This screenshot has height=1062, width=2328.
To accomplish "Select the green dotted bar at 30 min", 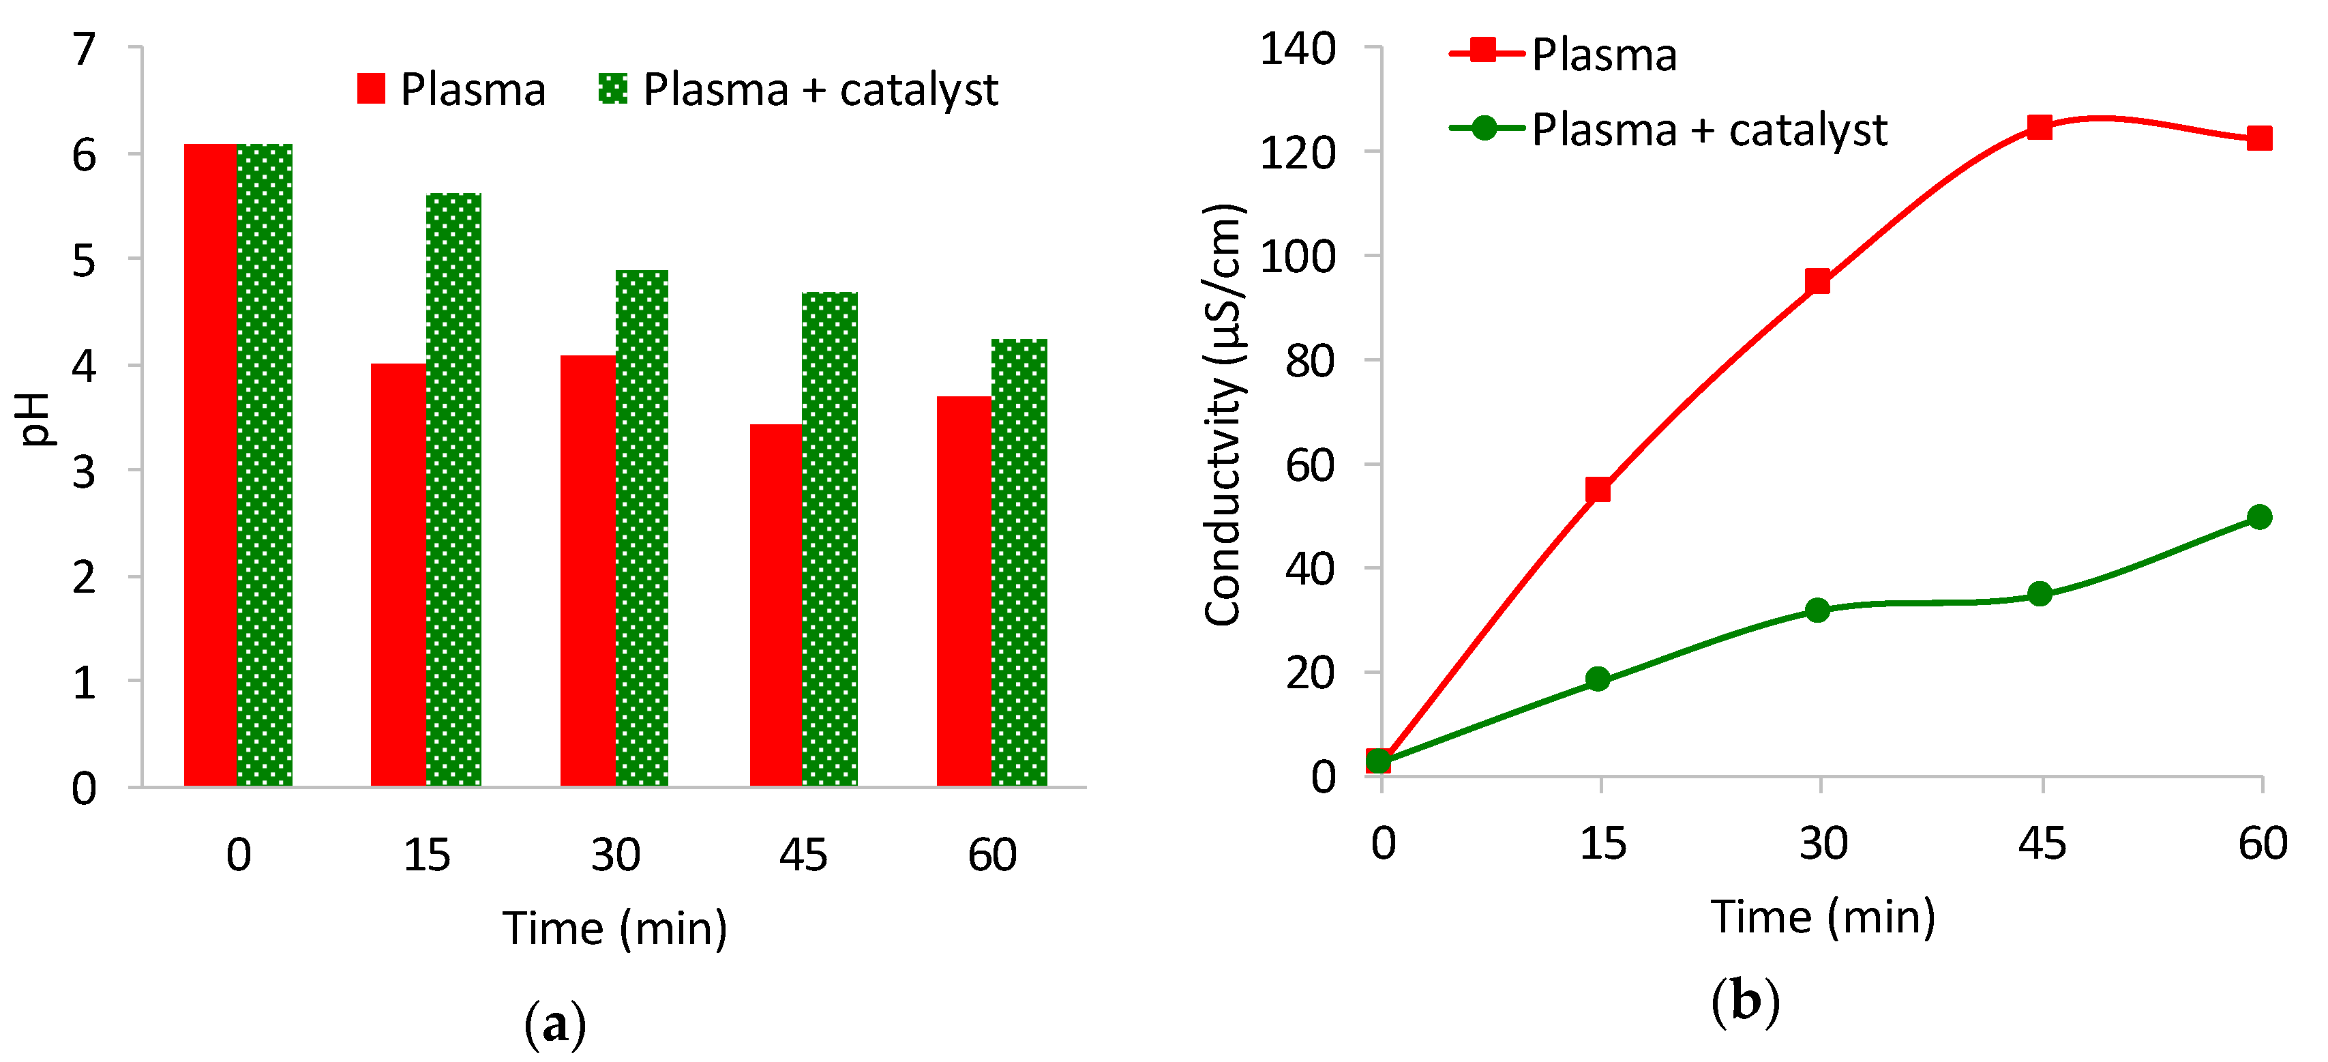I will [x=642, y=529].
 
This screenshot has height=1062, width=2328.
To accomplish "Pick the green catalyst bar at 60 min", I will [x=1019, y=562].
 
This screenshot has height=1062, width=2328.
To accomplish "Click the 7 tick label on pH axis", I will [x=84, y=50].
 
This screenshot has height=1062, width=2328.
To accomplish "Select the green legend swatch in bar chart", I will [x=613, y=89].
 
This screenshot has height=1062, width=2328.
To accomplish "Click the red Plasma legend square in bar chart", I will [x=370, y=89].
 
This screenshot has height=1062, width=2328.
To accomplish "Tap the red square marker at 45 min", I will [x=2039, y=127].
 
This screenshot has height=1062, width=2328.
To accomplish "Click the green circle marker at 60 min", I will [x=2259, y=517].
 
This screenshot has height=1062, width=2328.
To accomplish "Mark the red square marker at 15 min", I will [x=1598, y=490].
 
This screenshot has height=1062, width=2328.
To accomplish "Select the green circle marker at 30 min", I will [x=1817, y=610].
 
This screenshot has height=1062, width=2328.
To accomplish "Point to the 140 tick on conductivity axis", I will [x=1297, y=49].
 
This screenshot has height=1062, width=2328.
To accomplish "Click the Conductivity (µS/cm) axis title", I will [x=1225, y=414].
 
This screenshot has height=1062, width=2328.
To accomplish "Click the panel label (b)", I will [x=1744, y=1001].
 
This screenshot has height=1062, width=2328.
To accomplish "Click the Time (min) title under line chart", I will [x=1822, y=917].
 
